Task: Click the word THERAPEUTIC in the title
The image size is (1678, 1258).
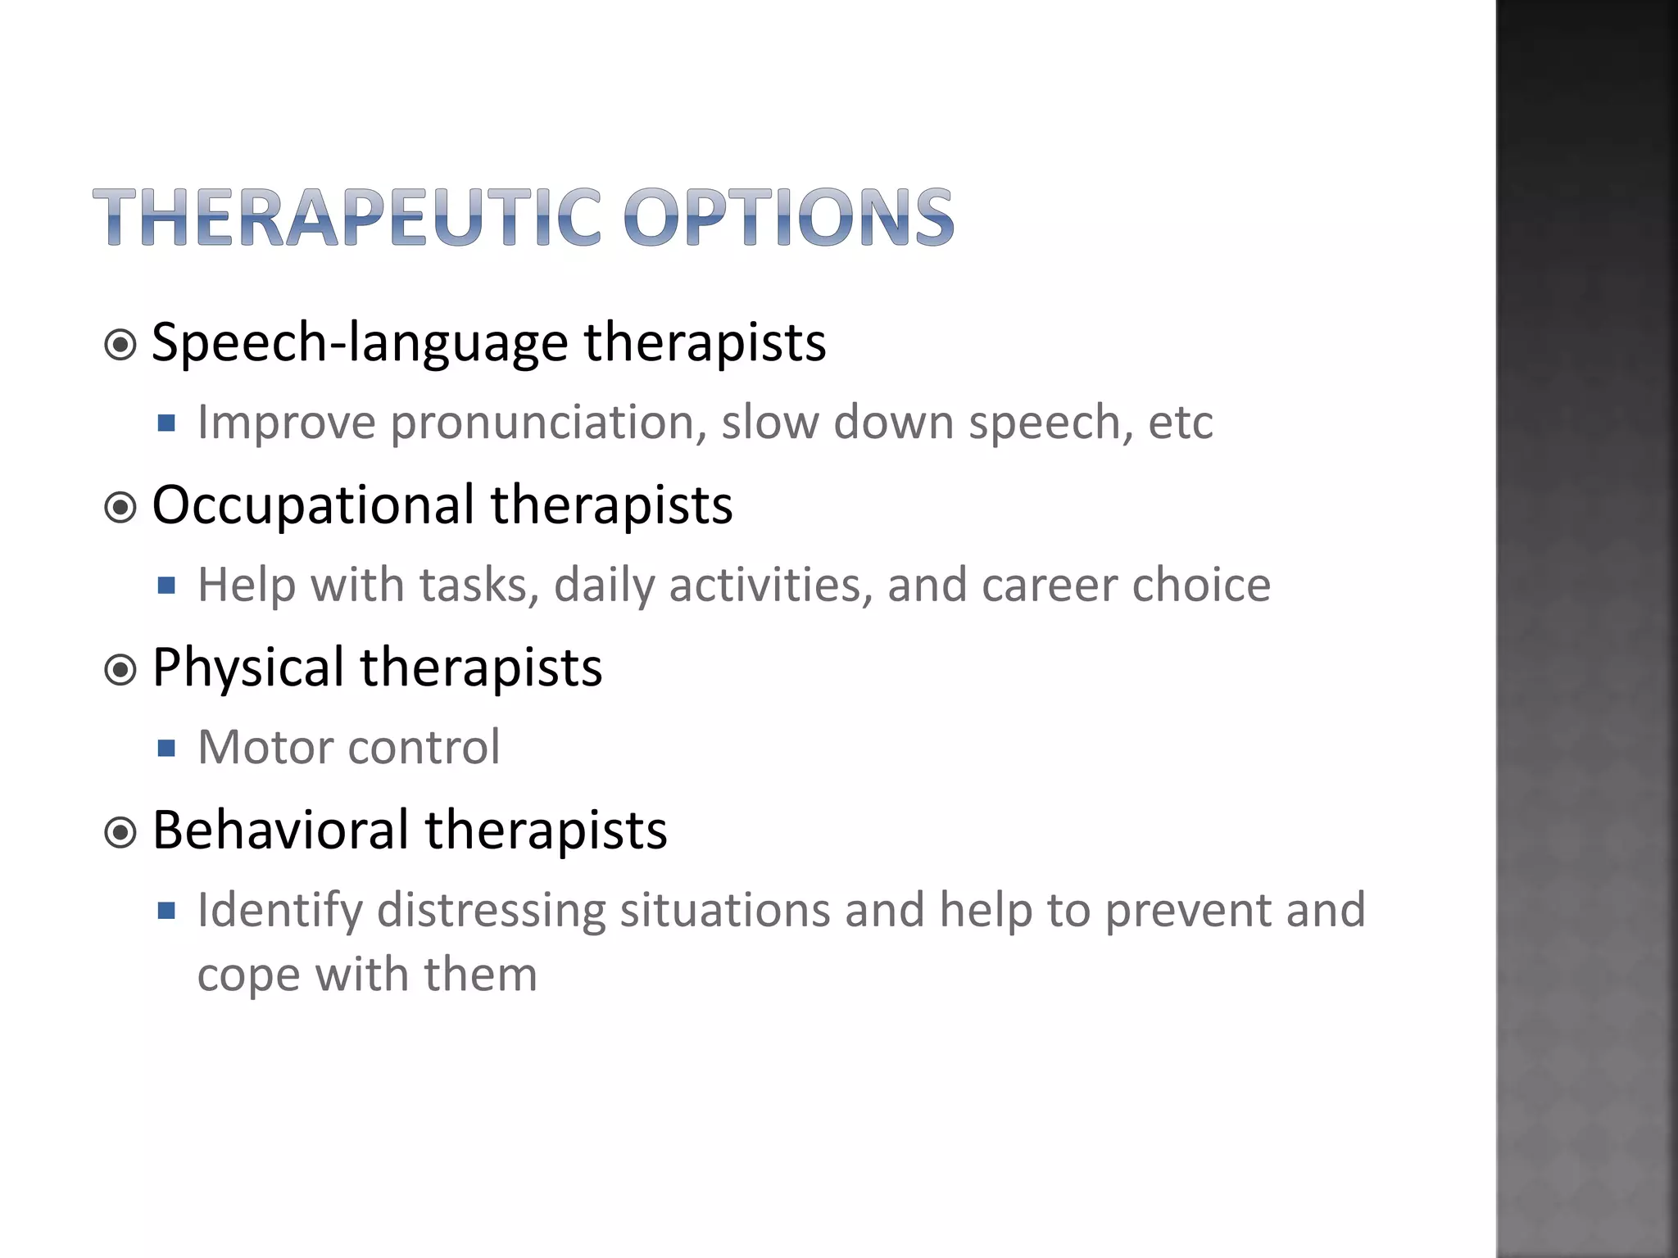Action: point(347,218)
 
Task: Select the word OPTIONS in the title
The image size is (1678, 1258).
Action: point(788,218)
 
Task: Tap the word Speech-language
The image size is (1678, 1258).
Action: point(359,342)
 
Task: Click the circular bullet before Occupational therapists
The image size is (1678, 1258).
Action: point(121,508)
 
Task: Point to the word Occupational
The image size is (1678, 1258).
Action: point(313,505)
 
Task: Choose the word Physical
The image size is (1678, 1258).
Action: point(247,667)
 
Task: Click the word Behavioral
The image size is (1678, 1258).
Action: point(280,830)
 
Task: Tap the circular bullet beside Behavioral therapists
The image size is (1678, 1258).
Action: point(121,834)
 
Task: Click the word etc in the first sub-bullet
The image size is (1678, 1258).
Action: point(1180,423)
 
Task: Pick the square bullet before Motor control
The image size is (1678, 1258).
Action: point(167,748)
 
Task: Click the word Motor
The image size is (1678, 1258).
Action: point(265,748)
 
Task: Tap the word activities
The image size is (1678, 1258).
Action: point(770,586)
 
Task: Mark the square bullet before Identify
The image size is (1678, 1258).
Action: point(167,911)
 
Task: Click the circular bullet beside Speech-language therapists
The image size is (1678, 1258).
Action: point(121,346)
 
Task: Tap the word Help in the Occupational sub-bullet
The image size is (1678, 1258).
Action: point(246,586)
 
